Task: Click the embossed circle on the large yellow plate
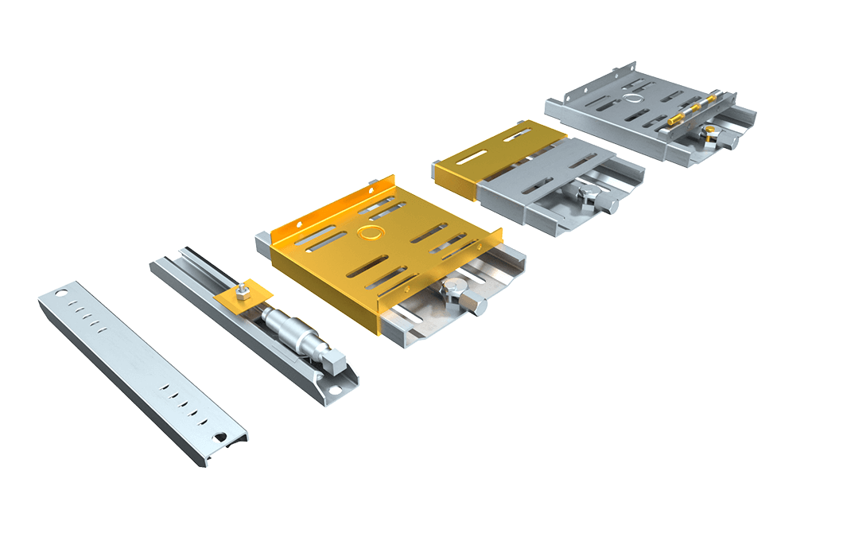click(x=369, y=232)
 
